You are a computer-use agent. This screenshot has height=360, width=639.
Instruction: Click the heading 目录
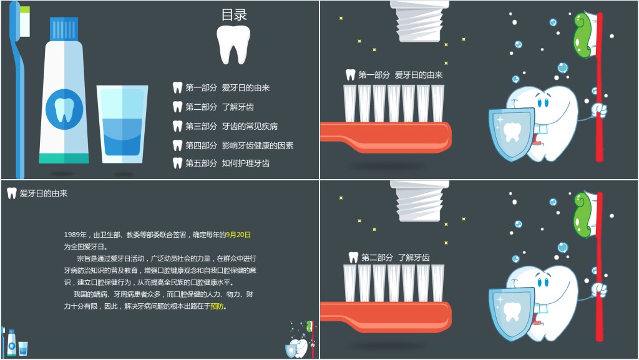point(234,14)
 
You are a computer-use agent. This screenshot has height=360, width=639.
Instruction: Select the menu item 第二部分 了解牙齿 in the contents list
point(219,107)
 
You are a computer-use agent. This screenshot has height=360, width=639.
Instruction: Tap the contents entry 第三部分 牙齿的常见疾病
point(232,126)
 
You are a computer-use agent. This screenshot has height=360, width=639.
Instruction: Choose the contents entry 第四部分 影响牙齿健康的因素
point(239,145)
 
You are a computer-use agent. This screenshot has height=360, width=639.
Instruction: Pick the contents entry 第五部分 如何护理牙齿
point(227,163)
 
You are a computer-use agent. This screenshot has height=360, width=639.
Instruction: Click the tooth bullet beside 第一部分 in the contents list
point(177,87)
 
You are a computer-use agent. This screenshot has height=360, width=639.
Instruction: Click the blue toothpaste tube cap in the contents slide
point(64,29)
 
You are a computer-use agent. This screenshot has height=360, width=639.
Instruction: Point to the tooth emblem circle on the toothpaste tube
point(64,109)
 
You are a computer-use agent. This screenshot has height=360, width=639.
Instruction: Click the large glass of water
point(122,124)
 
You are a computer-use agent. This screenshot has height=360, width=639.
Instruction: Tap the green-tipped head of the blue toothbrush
point(24,21)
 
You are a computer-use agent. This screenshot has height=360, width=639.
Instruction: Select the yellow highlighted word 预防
point(217,306)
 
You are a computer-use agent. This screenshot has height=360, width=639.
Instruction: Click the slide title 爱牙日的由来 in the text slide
point(44,193)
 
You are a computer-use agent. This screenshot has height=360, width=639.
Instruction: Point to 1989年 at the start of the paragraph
point(75,235)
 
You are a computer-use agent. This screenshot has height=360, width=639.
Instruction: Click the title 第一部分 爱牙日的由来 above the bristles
point(400,75)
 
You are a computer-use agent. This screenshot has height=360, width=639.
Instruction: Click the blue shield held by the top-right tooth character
point(512,134)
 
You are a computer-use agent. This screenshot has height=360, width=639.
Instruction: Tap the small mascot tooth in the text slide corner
point(299,346)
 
